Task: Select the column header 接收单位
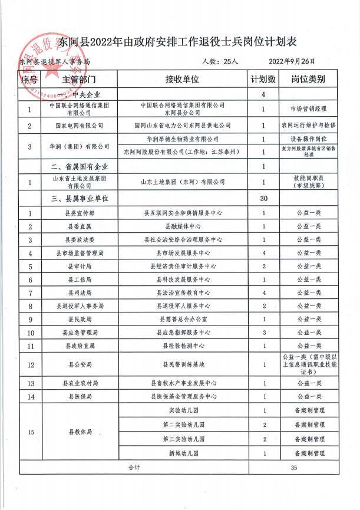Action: (x=183, y=79)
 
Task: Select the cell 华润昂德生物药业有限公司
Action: (x=183, y=139)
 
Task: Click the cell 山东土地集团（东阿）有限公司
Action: (x=183, y=183)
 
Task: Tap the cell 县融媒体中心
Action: (x=183, y=227)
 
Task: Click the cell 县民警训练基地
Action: (x=183, y=364)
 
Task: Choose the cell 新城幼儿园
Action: (x=183, y=453)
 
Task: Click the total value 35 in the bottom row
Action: (x=295, y=468)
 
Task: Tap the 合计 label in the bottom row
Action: (x=136, y=468)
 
